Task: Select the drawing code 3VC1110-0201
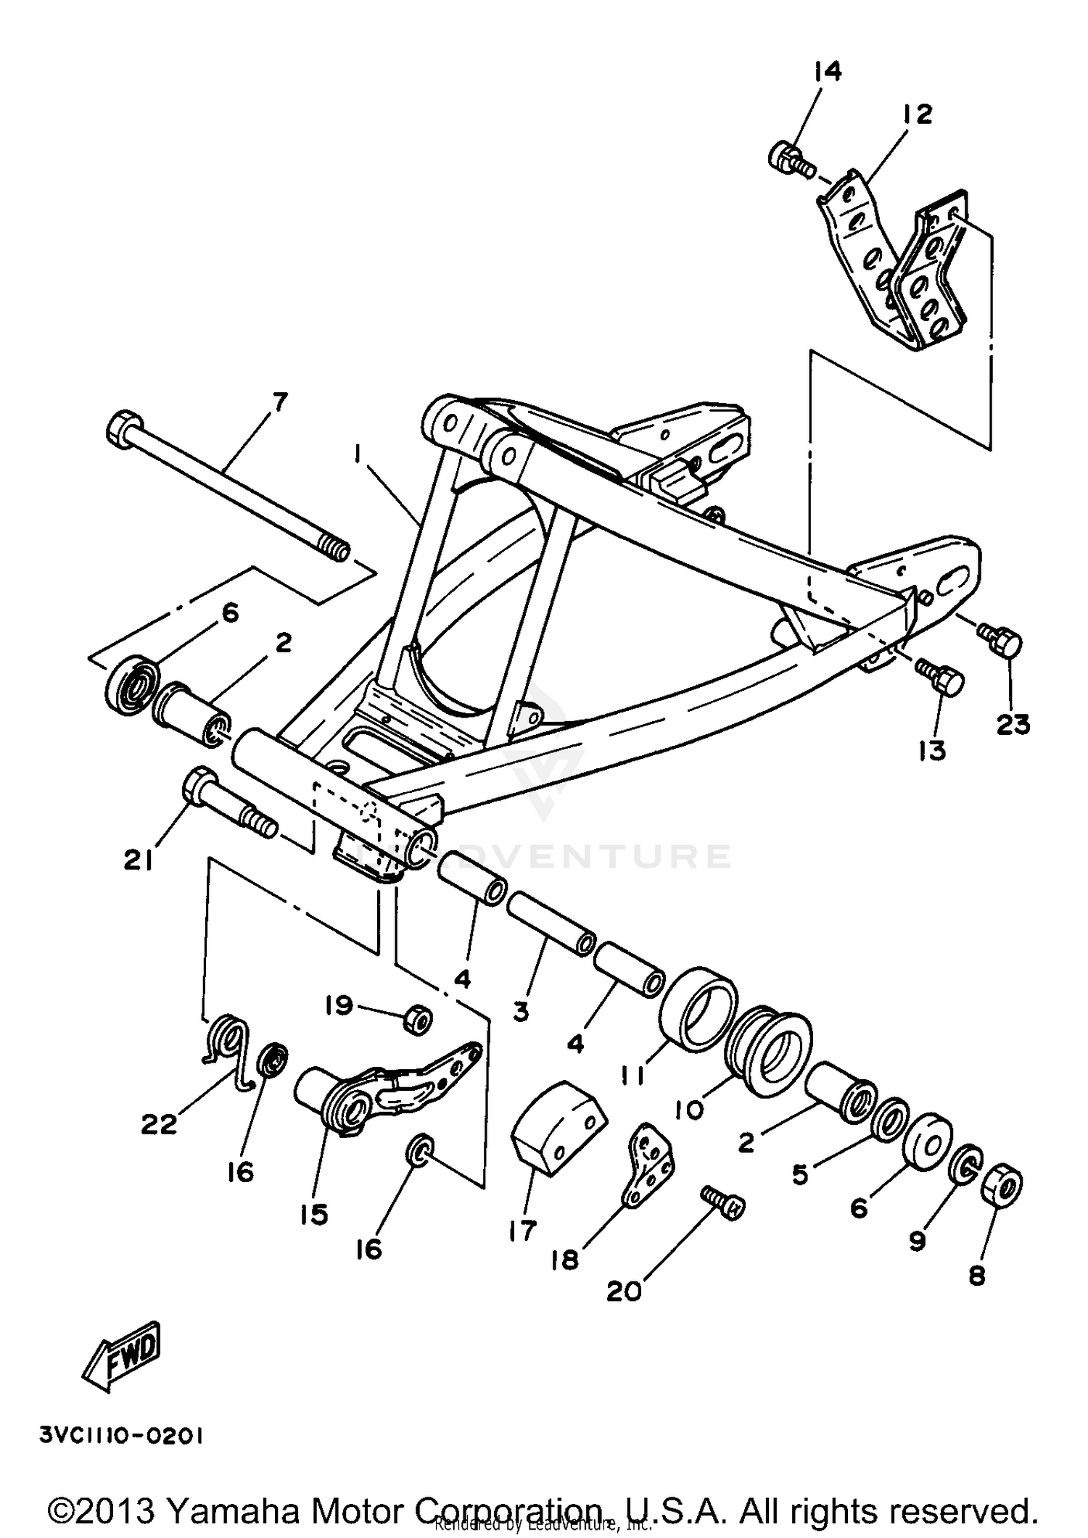(x=121, y=1436)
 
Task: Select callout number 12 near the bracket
(x=917, y=115)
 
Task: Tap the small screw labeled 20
(x=724, y=1205)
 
